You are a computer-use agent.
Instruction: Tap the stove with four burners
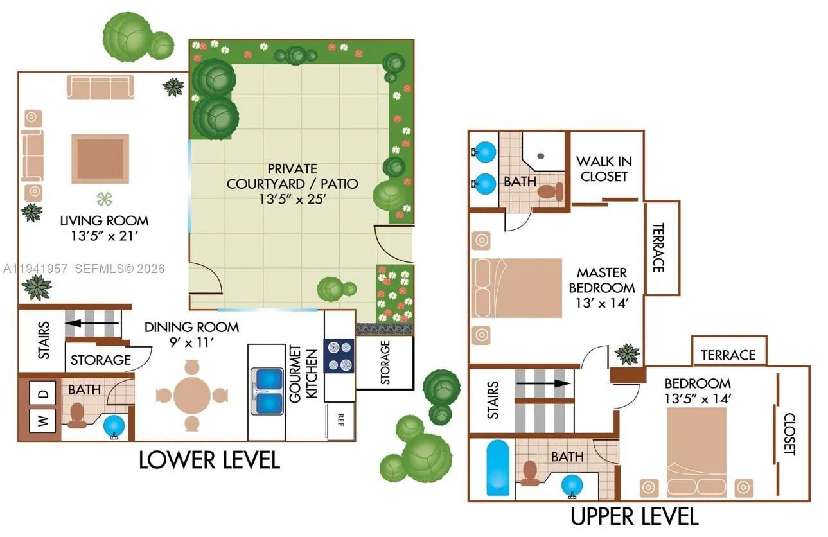(339, 356)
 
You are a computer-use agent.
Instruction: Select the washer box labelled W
(43, 421)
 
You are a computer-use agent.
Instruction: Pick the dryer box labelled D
(43, 392)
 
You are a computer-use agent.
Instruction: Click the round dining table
(192, 395)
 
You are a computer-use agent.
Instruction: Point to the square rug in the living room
(100, 159)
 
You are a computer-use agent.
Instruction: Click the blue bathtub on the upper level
(498, 467)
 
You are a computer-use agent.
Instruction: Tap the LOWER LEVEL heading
(209, 460)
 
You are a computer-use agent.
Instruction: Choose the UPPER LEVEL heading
(634, 516)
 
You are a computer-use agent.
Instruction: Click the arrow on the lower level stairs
(93, 324)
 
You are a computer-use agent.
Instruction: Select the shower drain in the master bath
(540, 155)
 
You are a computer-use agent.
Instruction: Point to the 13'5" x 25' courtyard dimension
(292, 199)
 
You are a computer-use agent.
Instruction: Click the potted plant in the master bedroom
(627, 353)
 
